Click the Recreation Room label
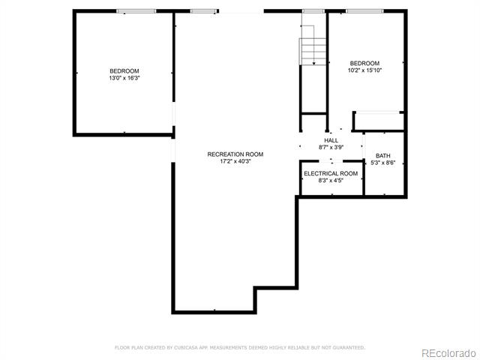point(235,154)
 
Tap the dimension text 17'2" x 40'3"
point(235,161)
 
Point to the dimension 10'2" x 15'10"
point(364,70)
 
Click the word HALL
point(331,140)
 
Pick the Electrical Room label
point(331,173)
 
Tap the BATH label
point(383,156)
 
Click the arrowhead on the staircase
point(314,63)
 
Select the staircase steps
point(313,52)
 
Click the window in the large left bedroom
point(136,11)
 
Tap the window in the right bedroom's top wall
point(364,11)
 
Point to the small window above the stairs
point(313,11)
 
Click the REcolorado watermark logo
point(448,353)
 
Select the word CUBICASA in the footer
point(185,348)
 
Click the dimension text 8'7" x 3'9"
point(331,147)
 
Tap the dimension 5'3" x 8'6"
point(383,163)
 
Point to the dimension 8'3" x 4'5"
point(331,181)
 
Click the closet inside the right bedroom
point(379,121)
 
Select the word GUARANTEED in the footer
point(349,348)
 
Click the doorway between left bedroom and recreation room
point(173,114)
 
